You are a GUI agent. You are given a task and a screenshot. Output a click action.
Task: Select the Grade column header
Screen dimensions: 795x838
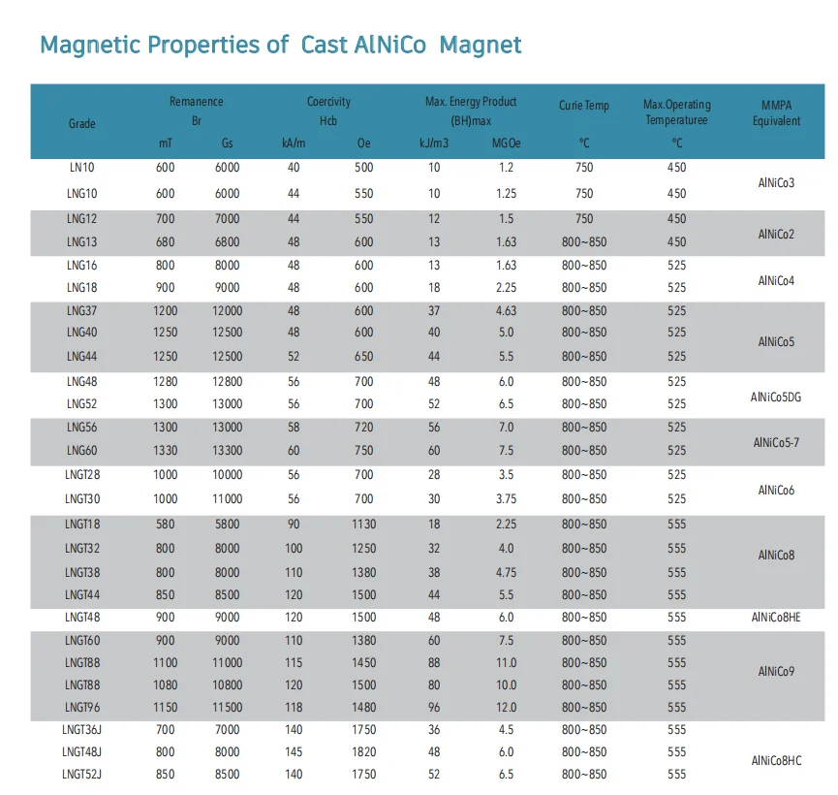81,123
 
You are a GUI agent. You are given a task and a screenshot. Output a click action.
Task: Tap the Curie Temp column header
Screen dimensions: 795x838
584,105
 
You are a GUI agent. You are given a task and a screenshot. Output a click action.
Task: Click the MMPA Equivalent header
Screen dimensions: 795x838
777,112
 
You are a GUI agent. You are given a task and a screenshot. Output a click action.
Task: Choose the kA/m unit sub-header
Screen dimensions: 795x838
294,143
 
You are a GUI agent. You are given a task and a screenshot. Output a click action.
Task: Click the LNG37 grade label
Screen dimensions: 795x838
81,311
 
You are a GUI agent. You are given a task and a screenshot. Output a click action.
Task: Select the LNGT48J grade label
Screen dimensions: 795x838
81,752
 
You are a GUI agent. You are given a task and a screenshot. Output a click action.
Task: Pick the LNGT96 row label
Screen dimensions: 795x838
81,708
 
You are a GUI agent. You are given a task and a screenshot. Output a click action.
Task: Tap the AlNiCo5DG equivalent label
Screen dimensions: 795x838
776,397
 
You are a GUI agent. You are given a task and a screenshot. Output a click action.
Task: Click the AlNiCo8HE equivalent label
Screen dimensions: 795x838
776,618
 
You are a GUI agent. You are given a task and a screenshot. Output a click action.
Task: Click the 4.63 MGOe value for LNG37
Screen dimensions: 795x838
506,311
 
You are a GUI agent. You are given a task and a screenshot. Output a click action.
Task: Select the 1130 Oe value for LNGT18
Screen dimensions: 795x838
363,525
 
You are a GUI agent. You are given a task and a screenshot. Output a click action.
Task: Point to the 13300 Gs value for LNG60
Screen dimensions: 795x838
228,451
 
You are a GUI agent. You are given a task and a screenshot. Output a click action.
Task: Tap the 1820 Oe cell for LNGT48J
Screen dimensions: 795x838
363,752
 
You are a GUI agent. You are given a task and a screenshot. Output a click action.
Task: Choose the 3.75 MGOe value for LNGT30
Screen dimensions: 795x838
506,499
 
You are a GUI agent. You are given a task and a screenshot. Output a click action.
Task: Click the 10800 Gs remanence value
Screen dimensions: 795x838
228,685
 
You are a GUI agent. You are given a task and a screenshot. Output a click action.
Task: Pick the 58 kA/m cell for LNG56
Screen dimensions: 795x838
294,428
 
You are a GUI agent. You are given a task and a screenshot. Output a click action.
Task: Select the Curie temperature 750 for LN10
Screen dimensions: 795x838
584,168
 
